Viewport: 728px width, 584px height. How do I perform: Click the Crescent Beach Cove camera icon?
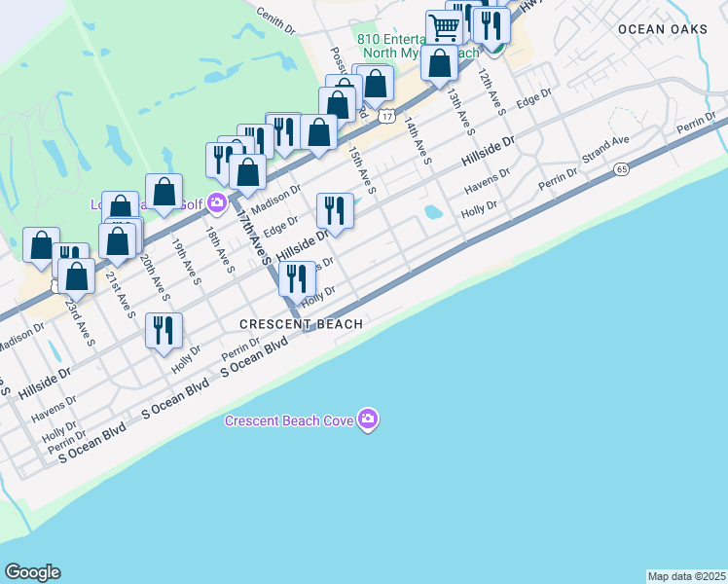[368, 420]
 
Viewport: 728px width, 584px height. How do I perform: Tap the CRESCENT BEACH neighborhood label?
[303, 324]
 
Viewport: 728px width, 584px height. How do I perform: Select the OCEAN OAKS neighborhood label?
[663, 29]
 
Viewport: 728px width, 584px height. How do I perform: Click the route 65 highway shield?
[621, 169]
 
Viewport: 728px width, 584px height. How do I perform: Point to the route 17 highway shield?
[387, 117]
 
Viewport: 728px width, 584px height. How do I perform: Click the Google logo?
[32, 572]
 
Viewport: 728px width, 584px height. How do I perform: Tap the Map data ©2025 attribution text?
[685, 576]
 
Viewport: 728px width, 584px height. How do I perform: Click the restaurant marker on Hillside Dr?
[335, 210]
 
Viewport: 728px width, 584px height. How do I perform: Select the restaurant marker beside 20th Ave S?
[164, 330]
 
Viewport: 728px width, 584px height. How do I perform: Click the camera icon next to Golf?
[216, 203]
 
